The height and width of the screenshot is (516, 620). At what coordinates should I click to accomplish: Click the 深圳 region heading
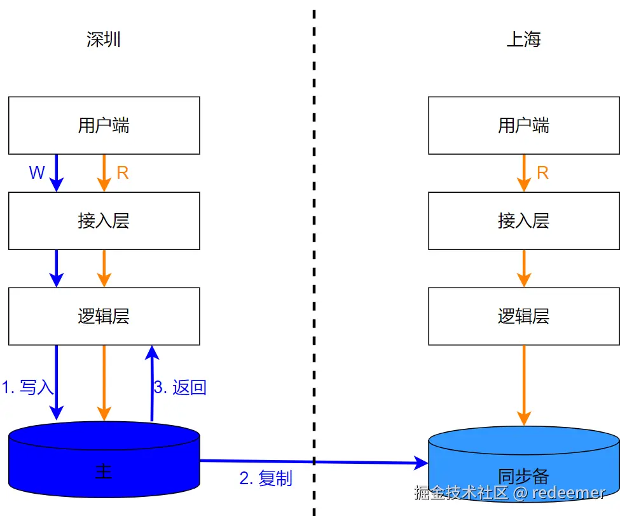coord(104,40)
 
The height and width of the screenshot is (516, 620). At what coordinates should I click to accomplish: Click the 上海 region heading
coord(523,40)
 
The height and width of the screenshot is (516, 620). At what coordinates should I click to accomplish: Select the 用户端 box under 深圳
coord(104,125)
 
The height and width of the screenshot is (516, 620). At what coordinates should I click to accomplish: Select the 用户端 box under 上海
coord(523,125)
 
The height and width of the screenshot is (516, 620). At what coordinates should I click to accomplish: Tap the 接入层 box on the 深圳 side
coord(104,221)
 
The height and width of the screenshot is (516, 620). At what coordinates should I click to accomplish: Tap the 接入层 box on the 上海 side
coord(523,221)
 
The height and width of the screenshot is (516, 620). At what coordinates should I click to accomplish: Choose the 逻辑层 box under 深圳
coord(104,316)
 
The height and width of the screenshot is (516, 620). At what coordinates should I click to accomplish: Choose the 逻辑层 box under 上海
coord(523,316)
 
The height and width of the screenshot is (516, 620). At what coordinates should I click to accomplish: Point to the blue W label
coord(37,173)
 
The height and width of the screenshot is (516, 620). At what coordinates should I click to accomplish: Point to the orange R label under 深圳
coord(123,173)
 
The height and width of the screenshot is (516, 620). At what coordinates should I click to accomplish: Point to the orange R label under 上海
coord(542,173)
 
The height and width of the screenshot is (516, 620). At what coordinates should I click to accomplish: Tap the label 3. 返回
coord(180,387)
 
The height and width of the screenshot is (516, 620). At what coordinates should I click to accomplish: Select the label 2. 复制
coord(266,478)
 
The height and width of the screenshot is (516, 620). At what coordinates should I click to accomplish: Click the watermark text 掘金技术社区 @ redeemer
coord(509,492)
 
